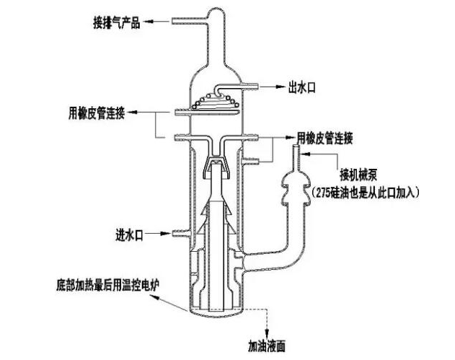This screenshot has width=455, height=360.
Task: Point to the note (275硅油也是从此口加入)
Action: pyautogui.click(x=379, y=190)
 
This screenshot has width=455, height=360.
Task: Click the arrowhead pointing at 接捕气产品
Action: pyautogui.click(x=177, y=24)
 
